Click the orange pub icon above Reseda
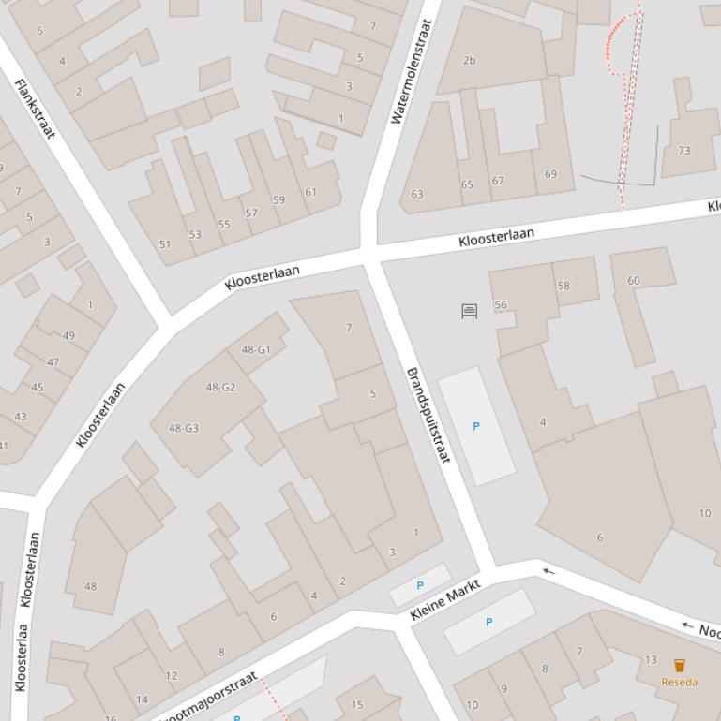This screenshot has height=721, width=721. pyautogui.click(x=679, y=666)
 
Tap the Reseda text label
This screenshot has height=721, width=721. pyautogui.click(x=679, y=682)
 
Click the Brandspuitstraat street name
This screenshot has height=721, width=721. pyautogui.click(x=428, y=415)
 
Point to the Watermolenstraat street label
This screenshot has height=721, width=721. pyautogui.click(x=412, y=72)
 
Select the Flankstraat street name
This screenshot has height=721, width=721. pyautogui.click(x=35, y=109)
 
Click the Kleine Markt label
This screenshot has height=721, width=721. pyautogui.click(x=445, y=599)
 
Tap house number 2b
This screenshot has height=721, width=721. pyautogui.click(x=469, y=61)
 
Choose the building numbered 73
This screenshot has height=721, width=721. pyautogui.click(x=683, y=151)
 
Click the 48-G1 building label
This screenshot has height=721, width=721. pyautogui.click(x=255, y=350)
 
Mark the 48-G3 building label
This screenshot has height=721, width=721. pyautogui.click(x=184, y=429)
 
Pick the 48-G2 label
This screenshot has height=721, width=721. pyautogui.click(x=220, y=388)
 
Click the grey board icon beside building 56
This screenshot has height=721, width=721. pyautogui.click(x=470, y=311)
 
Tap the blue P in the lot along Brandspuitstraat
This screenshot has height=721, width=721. pyautogui.click(x=475, y=426)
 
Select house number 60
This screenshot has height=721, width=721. pyautogui.click(x=634, y=281)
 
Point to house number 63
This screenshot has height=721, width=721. pyautogui.click(x=417, y=195)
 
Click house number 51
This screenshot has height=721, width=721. pyautogui.click(x=165, y=244)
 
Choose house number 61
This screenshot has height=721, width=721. pyautogui.click(x=310, y=193)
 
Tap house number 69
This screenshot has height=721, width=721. pyautogui.click(x=550, y=174)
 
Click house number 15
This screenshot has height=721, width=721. pyautogui.click(x=356, y=705)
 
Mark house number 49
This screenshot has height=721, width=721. pyautogui.click(x=68, y=336)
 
